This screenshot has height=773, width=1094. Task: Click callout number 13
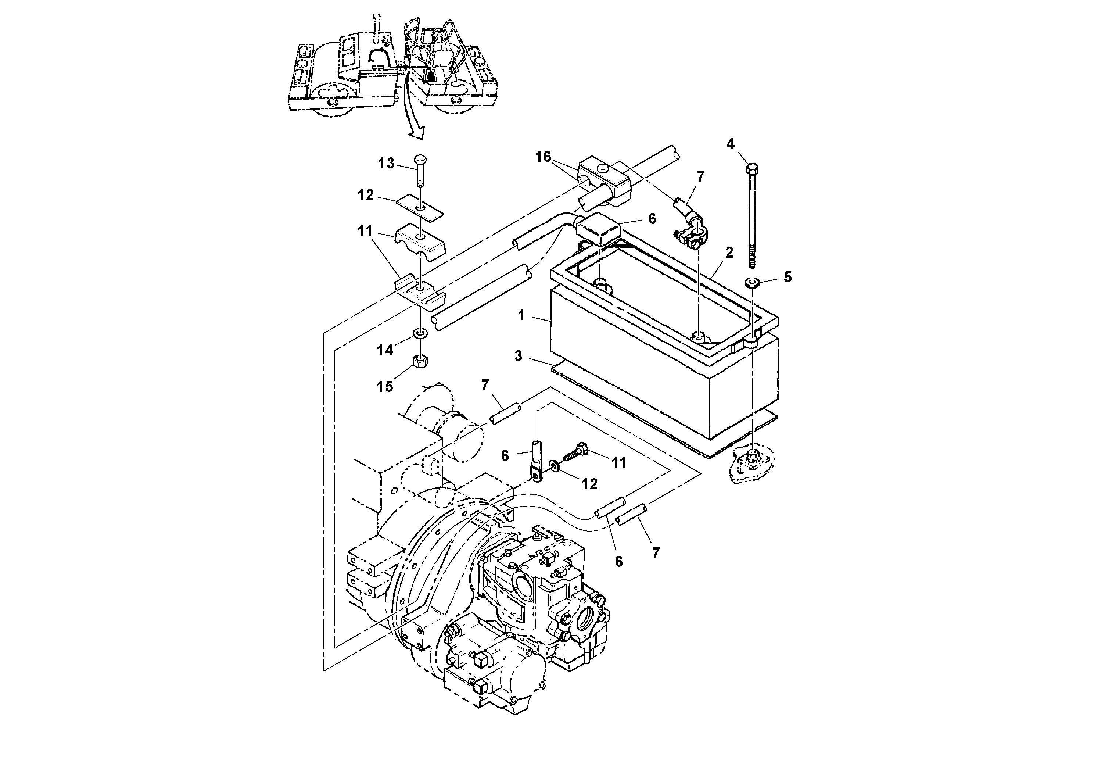click(x=386, y=164)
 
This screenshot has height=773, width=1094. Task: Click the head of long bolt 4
click(x=752, y=168)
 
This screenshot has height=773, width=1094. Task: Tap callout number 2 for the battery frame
click(x=729, y=253)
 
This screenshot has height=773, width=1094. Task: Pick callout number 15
click(x=385, y=387)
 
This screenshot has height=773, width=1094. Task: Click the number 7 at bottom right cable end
click(x=656, y=553)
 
